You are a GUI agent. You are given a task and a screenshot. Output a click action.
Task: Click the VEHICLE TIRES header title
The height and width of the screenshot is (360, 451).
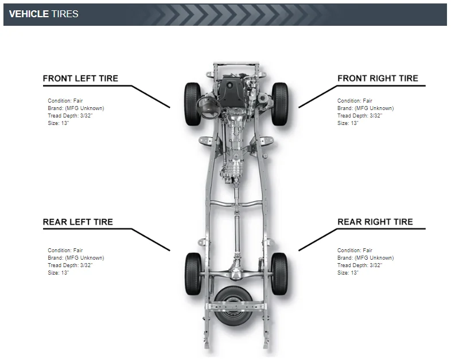point(44,14)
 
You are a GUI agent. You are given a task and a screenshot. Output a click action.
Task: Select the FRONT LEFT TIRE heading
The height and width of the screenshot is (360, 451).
point(80,79)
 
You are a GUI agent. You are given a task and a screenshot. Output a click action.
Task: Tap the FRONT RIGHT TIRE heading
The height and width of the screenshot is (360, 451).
point(378,79)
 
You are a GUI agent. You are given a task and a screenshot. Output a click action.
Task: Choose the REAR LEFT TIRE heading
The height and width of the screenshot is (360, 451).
point(78,222)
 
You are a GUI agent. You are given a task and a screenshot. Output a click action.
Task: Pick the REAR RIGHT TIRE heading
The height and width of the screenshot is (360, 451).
point(375,222)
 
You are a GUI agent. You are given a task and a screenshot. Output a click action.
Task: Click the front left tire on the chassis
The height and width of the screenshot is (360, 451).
point(192,104)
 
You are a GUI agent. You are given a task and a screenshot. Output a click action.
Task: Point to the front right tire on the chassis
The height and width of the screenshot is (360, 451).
point(279,104)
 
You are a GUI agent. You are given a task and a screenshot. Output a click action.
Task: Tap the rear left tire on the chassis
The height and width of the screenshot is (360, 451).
point(193,274)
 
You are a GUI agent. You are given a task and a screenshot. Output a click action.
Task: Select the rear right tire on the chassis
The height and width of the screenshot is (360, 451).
point(279,274)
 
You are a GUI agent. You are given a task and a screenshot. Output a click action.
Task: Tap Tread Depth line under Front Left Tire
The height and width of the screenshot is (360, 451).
point(70,116)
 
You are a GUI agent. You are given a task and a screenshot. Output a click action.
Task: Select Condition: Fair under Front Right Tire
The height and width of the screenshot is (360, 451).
point(355,101)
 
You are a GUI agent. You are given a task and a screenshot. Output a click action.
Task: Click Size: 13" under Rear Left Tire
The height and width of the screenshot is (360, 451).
point(59,273)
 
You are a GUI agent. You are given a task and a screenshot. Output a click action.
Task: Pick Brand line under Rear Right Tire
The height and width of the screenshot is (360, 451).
point(365,258)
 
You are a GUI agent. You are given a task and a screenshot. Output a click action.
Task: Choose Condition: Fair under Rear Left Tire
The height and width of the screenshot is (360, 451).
point(65,251)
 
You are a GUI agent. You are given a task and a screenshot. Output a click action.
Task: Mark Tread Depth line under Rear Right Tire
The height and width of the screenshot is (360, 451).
point(360,265)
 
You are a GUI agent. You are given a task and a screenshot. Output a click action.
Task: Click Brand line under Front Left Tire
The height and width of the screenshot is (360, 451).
point(76,108)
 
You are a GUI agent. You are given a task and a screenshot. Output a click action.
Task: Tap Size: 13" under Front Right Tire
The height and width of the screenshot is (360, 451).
point(348,123)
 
